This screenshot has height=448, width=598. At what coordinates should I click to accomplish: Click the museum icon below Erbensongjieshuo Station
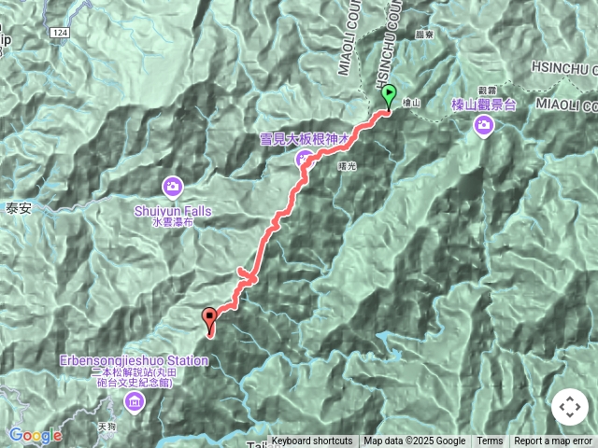(134, 402)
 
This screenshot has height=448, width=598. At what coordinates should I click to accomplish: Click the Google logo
(36, 435)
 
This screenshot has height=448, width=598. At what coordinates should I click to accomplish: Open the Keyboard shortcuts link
(312, 441)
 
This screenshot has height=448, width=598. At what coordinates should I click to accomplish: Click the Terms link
(490, 441)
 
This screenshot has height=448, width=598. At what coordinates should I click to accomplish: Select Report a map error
(554, 441)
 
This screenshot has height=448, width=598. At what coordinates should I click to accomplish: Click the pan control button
(569, 408)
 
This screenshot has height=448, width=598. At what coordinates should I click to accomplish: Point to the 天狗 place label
(104, 427)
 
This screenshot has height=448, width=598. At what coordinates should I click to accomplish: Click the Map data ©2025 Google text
(414, 441)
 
